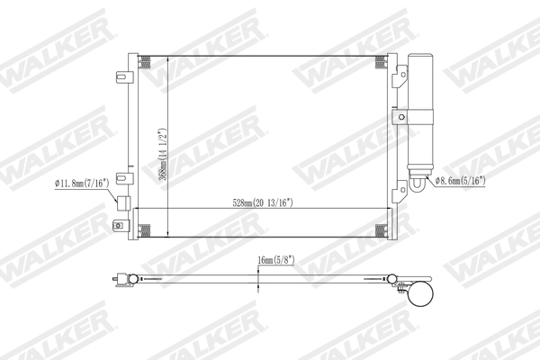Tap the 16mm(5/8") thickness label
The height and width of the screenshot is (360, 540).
274,260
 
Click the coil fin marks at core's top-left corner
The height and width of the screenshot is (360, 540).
148,62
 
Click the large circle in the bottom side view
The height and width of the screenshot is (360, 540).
419,292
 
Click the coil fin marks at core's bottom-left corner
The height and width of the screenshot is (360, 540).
148,229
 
